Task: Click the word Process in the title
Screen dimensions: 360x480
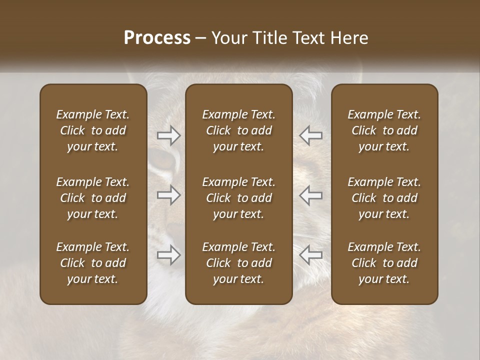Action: pos(157,38)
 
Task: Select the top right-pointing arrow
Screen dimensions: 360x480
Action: pos(168,135)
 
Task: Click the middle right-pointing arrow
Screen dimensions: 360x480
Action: pos(168,195)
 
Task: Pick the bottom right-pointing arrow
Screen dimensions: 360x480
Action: pos(168,255)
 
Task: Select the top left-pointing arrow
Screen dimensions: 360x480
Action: pos(311,135)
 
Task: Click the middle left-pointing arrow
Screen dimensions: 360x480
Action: pos(311,195)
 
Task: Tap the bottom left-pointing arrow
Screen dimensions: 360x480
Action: pos(311,255)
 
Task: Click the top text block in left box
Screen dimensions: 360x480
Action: pos(93,130)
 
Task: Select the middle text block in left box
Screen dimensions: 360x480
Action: pos(93,198)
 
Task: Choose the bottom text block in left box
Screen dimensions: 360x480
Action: pos(93,263)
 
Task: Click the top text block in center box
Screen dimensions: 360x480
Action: pos(238,130)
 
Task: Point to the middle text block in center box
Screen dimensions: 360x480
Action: pos(238,198)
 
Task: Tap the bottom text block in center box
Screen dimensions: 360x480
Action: pos(238,263)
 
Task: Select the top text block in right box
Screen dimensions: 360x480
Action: pos(384,130)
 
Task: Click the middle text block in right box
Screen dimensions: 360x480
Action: pos(384,198)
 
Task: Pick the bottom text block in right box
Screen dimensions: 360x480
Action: pos(384,263)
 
